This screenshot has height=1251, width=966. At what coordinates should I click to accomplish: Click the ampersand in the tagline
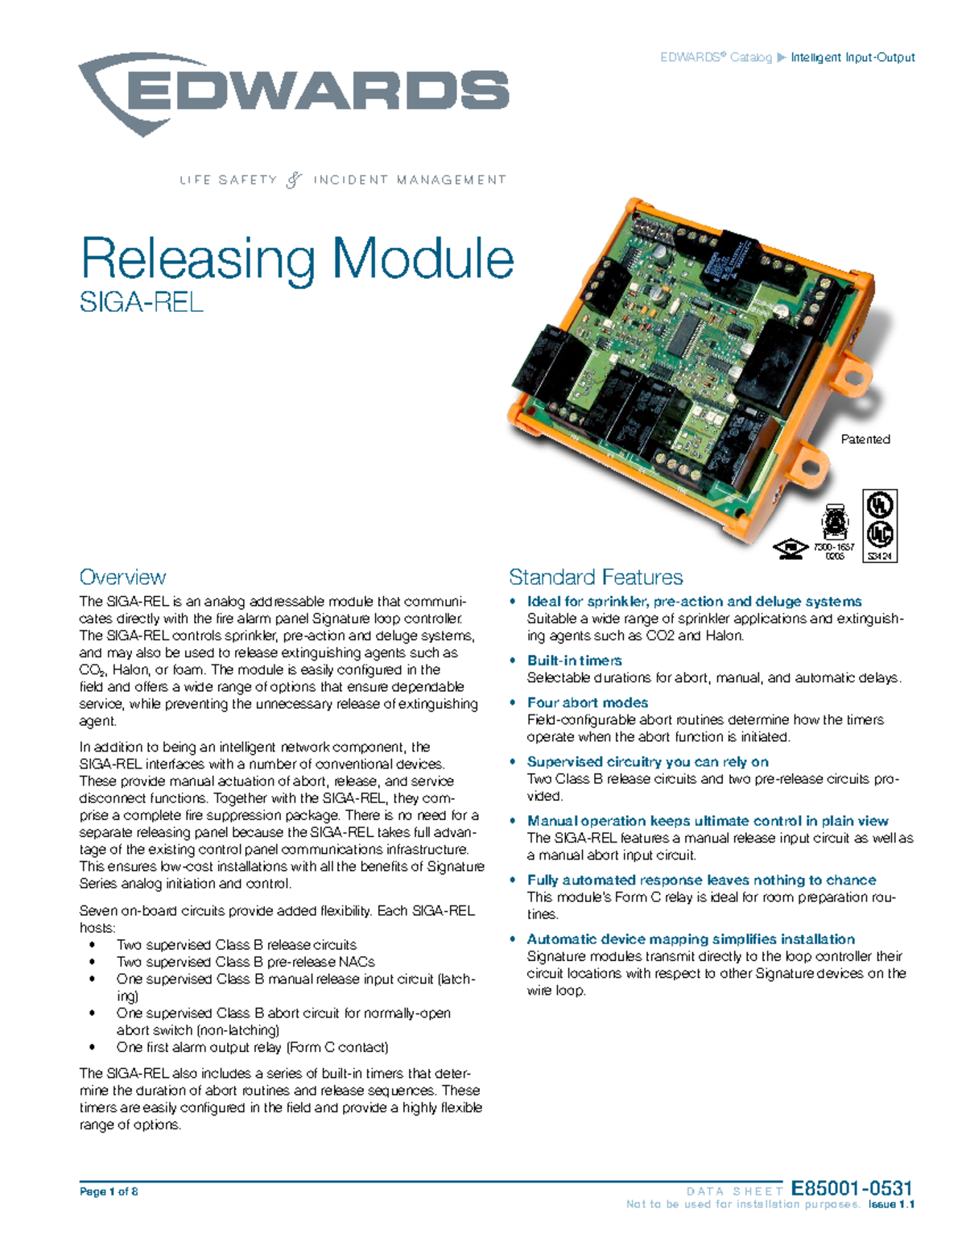(x=295, y=180)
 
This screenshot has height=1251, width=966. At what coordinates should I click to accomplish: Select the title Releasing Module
(x=297, y=259)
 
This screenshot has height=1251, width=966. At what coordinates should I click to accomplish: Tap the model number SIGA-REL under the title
(x=141, y=302)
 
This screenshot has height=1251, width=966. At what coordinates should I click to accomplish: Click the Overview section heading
(x=122, y=577)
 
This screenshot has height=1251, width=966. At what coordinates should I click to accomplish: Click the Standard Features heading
(x=596, y=577)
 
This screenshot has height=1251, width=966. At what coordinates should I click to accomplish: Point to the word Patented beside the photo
(x=865, y=439)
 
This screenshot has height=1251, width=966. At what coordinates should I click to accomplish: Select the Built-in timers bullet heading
(x=574, y=661)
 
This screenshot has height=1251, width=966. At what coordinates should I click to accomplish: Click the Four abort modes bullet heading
(x=587, y=702)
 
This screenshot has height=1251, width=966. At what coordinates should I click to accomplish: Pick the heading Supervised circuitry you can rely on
(x=647, y=761)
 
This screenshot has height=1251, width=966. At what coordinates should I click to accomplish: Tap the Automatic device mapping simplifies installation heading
(x=691, y=938)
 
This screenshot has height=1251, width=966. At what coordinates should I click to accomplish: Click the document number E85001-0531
(x=852, y=1188)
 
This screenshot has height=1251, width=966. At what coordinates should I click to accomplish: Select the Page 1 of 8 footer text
(x=109, y=1191)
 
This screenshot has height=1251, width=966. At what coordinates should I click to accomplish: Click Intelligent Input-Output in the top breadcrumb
(x=852, y=57)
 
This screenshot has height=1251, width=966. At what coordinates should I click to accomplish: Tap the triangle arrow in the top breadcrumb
(x=780, y=57)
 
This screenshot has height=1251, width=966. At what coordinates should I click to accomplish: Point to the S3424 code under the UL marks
(x=880, y=555)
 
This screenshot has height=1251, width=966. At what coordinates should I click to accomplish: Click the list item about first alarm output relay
(x=252, y=1047)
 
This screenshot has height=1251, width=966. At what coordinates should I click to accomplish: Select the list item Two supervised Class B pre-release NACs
(x=246, y=962)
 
